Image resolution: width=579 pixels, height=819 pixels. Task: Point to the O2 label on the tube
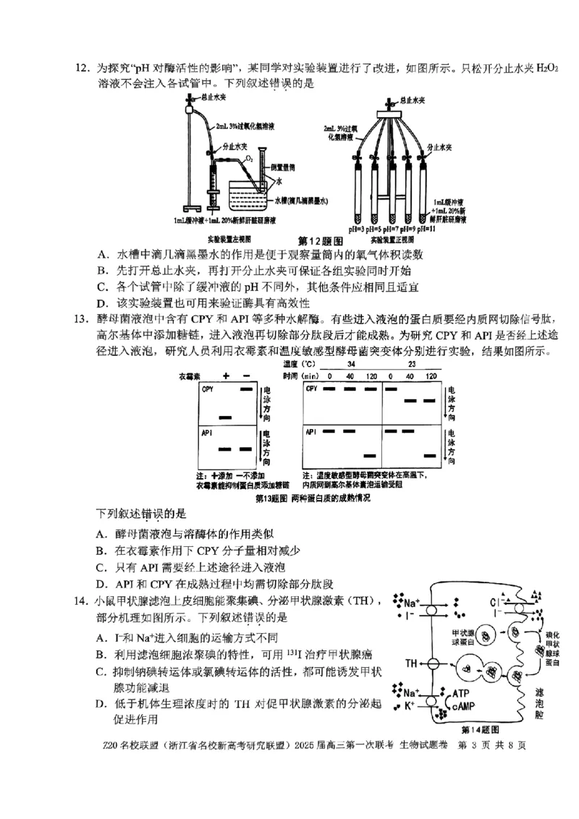(x=248, y=156)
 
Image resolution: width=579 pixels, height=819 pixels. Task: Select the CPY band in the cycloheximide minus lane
(x=246, y=389)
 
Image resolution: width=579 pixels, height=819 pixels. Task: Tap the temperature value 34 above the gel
(x=350, y=365)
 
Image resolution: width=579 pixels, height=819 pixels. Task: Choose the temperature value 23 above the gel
(x=411, y=365)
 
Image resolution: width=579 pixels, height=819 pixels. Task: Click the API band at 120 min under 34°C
(x=370, y=455)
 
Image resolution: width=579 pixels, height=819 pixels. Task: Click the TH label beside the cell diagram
(x=412, y=663)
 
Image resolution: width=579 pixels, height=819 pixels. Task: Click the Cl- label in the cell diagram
(x=496, y=601)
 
